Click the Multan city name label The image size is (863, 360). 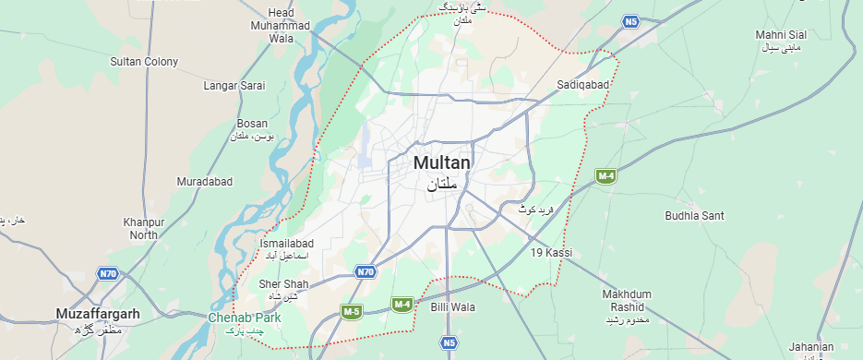point(441,163)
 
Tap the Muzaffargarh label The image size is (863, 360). point(97,314)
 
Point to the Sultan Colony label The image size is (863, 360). point(144,62)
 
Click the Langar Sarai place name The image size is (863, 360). point(234,86)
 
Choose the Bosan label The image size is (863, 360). point(252,124)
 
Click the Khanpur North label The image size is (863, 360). point(144,229)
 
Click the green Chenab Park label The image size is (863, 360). point(244,318)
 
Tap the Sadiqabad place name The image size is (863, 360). point(583,85)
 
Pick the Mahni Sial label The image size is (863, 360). point(781,35)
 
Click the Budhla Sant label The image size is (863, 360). point(694,216)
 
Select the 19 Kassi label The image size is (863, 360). point(552,252)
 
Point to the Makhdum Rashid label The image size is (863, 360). point(628,300)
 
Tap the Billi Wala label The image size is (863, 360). point(452,306)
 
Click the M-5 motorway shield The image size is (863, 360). point(351,312)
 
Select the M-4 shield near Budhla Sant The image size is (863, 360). point(605,176)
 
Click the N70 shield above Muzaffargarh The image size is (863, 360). point(108,274)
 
